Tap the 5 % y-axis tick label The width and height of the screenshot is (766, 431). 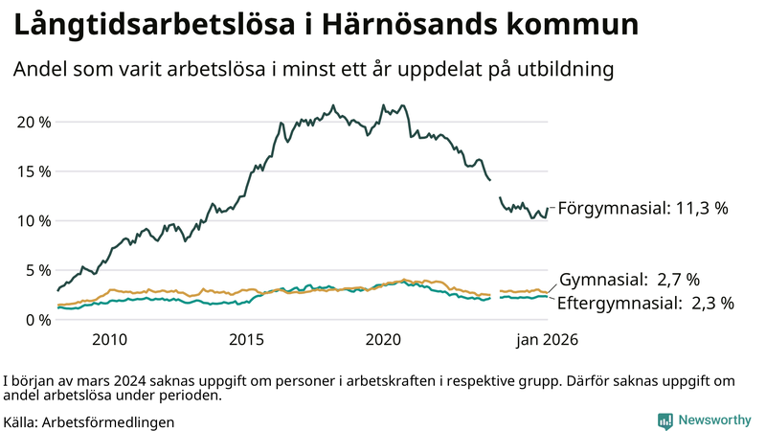(37, 270)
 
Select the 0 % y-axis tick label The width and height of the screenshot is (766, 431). (37, 319)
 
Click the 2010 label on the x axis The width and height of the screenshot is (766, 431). (109, 340)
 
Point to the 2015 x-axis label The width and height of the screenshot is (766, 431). (246, 340)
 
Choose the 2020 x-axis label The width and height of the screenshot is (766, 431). (383, 340)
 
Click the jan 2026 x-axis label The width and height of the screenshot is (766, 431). (548, 340)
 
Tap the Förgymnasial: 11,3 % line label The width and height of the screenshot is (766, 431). (643, 208)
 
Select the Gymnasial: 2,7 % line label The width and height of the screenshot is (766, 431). (629, 280)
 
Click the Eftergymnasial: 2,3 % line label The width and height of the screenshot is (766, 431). (646, 304)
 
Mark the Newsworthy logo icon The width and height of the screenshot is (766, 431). (665, 420)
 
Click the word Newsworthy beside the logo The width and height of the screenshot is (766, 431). (714, 420)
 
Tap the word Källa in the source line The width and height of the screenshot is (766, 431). (21, 421)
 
